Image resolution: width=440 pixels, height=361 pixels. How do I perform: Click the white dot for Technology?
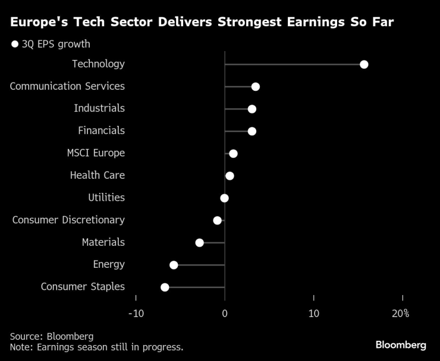pos(364,64)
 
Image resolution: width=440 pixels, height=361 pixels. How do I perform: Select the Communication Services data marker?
pos(255,87)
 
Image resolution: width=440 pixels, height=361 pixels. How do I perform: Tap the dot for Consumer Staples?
pos(165,287)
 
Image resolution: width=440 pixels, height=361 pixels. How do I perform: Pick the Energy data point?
pos(174,265)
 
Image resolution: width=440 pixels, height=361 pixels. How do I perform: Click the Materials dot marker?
pos(199,242)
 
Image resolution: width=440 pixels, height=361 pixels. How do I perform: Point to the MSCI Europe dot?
pos(233,154)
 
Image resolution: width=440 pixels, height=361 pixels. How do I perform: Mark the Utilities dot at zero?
pos(224,198)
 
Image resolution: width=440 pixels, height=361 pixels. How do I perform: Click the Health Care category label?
pos(97,175)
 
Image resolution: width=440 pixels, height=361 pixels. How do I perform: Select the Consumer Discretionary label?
pos(68,220)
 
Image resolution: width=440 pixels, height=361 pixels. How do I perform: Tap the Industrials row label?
pos(99,108)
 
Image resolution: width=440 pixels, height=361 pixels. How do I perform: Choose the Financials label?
pos(101,131)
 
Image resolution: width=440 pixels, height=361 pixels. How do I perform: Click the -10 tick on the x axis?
pos(136,313)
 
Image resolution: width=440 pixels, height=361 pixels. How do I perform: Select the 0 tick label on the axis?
pos(225,313)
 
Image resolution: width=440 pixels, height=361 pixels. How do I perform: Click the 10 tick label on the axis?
pos(313,313)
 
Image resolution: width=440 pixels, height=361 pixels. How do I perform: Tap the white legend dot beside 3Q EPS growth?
pos(14,44)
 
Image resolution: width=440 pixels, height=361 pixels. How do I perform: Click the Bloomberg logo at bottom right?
pos(400,345)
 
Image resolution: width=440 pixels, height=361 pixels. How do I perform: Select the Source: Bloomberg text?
pos(51,336)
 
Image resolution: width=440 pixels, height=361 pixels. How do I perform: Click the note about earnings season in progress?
pos(96,347)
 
